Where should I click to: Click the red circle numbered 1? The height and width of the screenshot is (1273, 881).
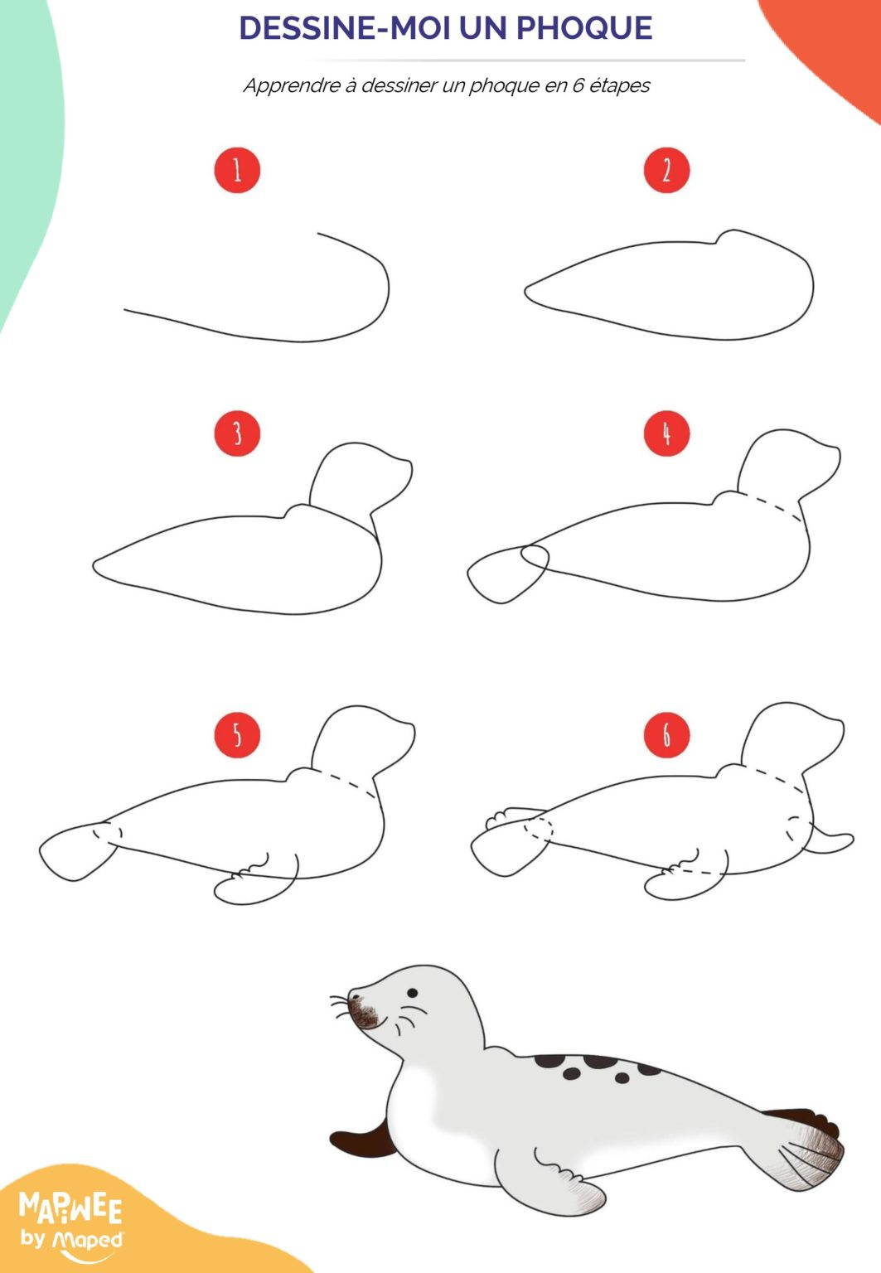(237, 171)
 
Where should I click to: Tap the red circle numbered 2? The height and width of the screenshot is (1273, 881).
(666, 171)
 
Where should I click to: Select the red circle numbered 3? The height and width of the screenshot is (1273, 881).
(237, 433)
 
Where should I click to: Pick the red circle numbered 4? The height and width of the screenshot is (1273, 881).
(666, 433)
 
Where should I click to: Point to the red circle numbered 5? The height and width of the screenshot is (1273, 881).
(237, 735)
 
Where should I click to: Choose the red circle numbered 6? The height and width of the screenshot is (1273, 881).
(666, 735)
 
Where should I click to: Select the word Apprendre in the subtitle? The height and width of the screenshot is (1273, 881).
(292, 86)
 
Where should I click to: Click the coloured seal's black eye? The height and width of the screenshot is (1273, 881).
(412, 993)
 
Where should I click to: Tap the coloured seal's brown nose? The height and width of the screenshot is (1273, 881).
(362, 1013)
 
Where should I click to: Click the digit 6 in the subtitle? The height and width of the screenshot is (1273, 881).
(578, 85)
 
